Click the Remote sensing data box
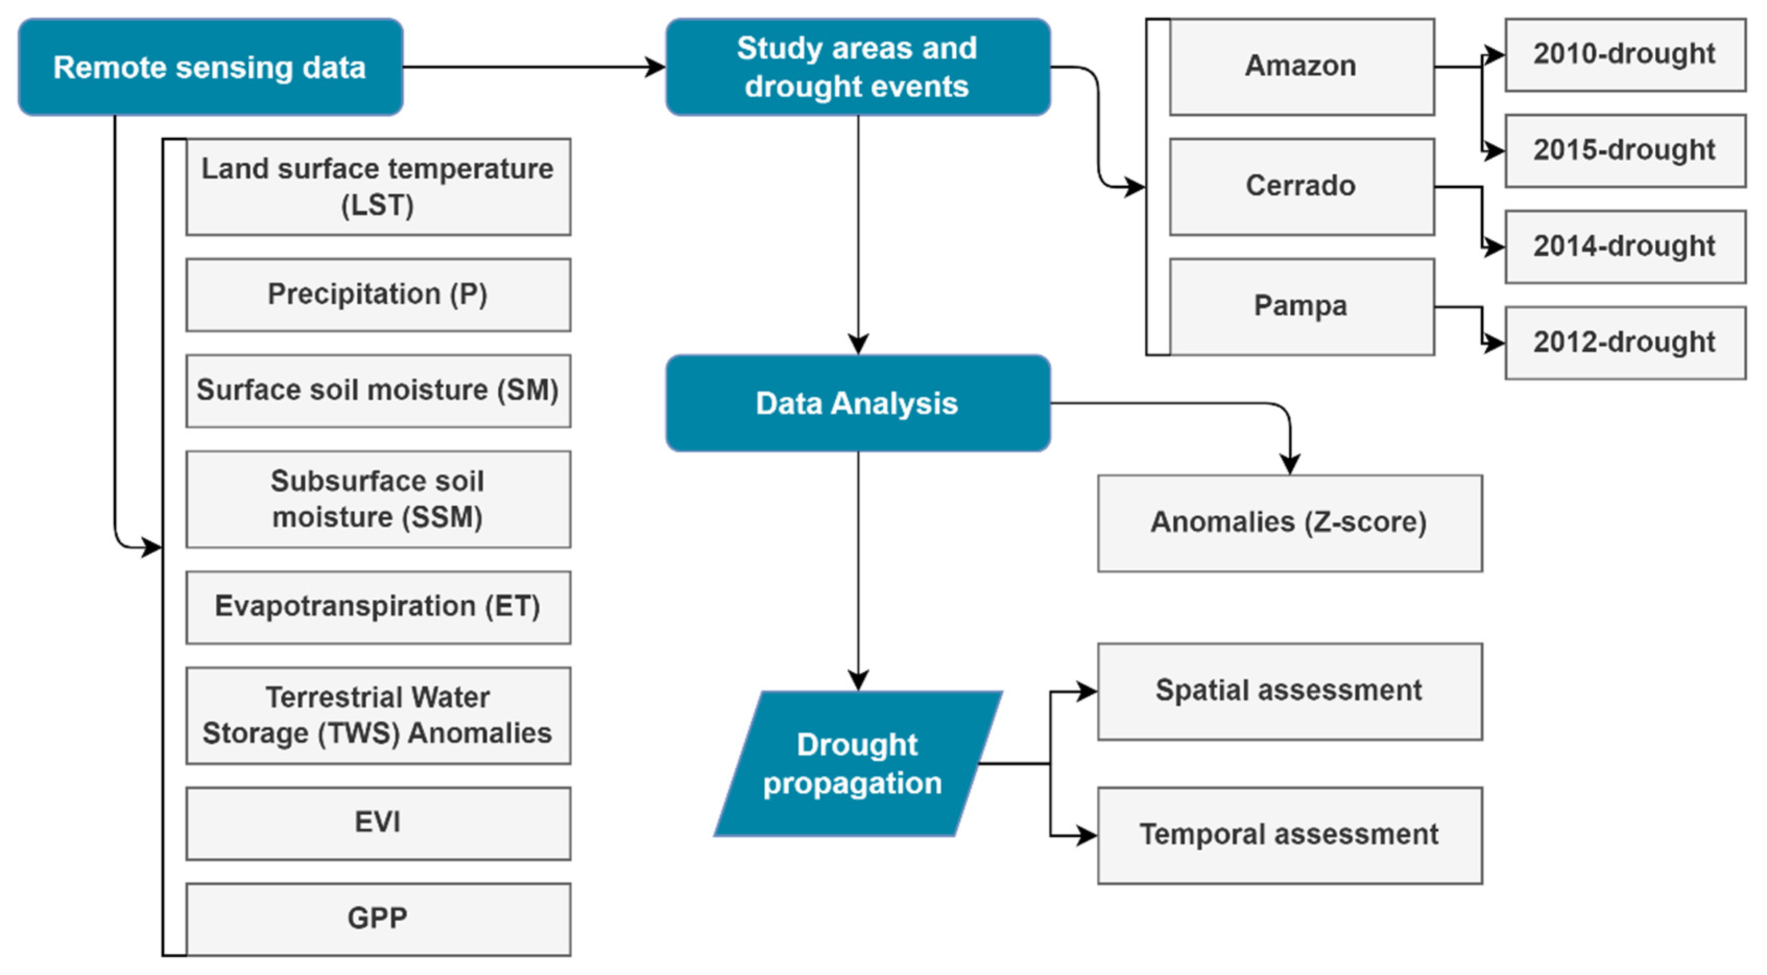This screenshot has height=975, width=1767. click(210, 67)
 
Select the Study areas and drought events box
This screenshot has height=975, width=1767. click(858, 67)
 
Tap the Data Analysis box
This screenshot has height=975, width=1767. click(858, 403)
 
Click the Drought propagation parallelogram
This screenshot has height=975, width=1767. click(858, 764)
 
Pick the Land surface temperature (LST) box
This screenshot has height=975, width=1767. click(378, 187)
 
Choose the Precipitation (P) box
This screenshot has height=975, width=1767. click(378, 294)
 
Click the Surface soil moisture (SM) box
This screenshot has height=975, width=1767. click(378, 390)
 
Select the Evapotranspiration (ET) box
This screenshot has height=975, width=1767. click(378, 607)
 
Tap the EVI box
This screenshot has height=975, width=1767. click(378, 823)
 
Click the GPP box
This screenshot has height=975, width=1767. click(378, 919)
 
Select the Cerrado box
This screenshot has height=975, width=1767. click(1301, 186)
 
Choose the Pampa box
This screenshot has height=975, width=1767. click(1301, 306)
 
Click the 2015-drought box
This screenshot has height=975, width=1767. click(1625, 150)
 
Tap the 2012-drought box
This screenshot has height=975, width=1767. click(1625, 342)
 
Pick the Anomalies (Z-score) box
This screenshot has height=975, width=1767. click(1290, 523)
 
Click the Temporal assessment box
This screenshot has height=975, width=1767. click(1290, 835)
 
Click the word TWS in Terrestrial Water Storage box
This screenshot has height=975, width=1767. click(358, 733)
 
